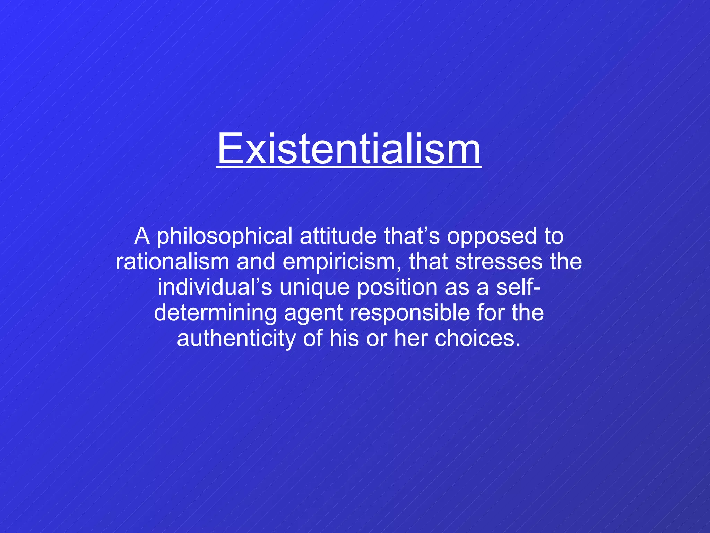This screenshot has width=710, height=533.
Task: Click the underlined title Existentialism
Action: point(349,149)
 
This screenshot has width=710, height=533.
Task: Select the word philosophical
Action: point(225,236)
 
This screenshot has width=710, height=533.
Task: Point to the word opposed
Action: point(491,236)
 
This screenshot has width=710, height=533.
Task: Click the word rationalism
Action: point(172,262)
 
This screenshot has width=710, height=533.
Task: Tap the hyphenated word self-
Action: point(518,287)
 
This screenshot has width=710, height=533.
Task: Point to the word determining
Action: point(215,313)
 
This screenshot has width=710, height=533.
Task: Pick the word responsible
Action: point(409,313)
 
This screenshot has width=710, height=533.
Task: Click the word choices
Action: point(477,339)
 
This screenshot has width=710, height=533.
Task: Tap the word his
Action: point(344,339)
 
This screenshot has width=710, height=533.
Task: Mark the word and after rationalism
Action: point(256,262)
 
